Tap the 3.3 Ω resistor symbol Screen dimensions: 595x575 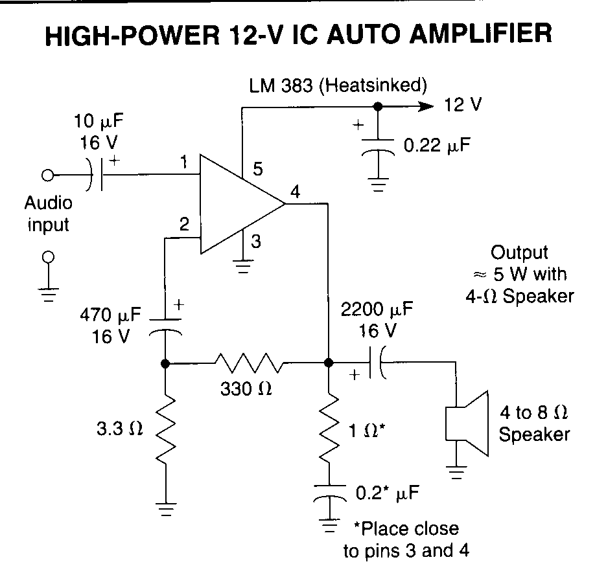tap(166, 429)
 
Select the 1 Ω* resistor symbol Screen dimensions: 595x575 tap(329, 427)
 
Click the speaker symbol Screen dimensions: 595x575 tap(467, 423)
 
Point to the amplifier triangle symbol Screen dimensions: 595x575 tap(242, 204)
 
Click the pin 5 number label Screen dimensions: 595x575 tap(258, 169)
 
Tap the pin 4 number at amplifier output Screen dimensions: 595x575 tap(295, 192)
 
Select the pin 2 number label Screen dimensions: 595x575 tap(184, 224)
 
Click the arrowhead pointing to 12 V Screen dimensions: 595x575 tap(426, 106)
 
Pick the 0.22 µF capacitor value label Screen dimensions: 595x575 tap(437, 145)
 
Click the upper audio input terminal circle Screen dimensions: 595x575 tap(47, 175)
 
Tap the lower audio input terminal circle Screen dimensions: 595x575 tap(48, 257)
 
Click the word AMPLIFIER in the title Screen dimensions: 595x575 tap(481, 34)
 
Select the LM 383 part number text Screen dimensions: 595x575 tap(281, 85)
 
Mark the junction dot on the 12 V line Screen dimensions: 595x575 tap(378, 106)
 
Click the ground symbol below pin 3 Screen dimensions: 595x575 tap(243, 266)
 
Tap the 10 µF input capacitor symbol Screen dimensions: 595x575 tap(96, 175)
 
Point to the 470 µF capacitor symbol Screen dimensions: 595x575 tap(165, 328)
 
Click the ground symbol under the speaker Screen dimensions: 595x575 tap(456, 472)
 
